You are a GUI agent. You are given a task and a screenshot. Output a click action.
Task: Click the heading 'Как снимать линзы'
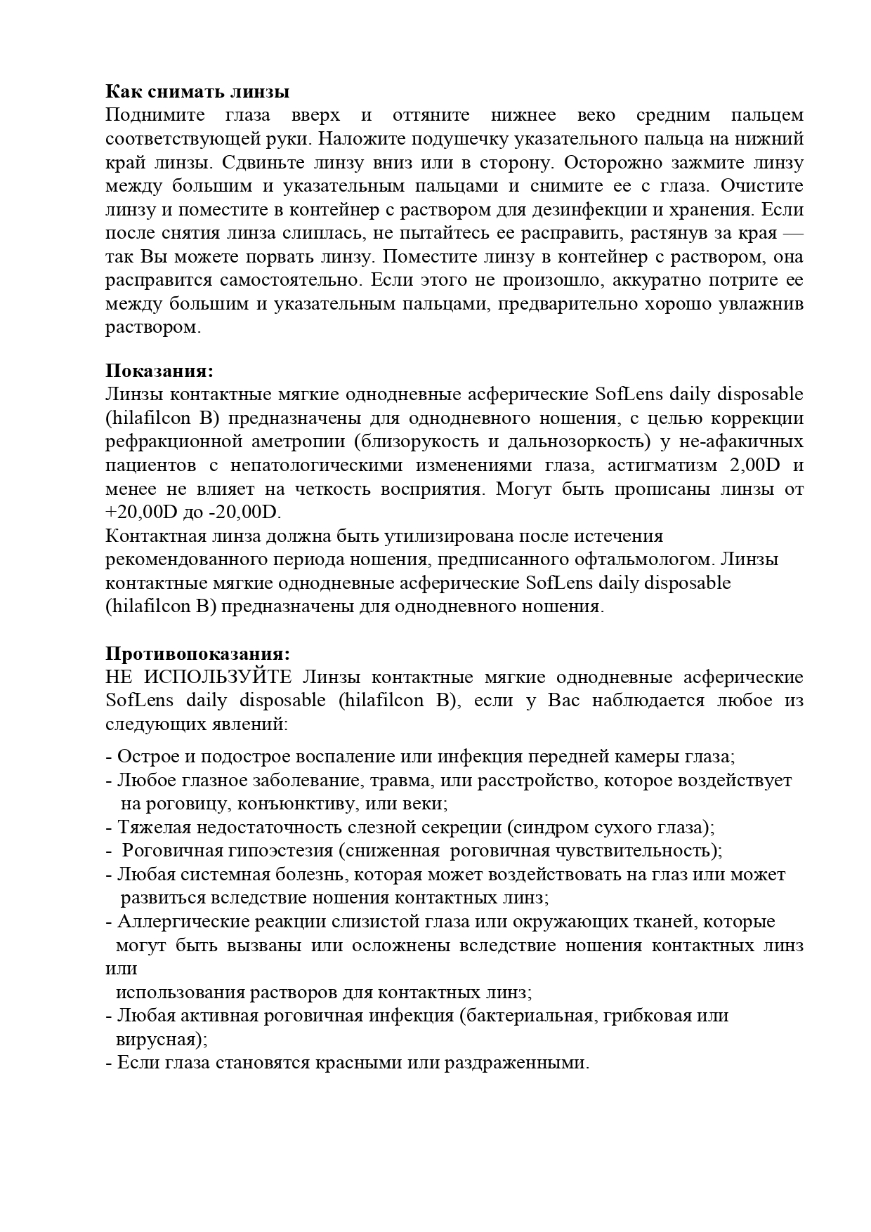pyautogui.click(x=197, y=92)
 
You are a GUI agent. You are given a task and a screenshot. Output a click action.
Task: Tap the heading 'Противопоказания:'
pyautogui.click(x=197, y=654)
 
